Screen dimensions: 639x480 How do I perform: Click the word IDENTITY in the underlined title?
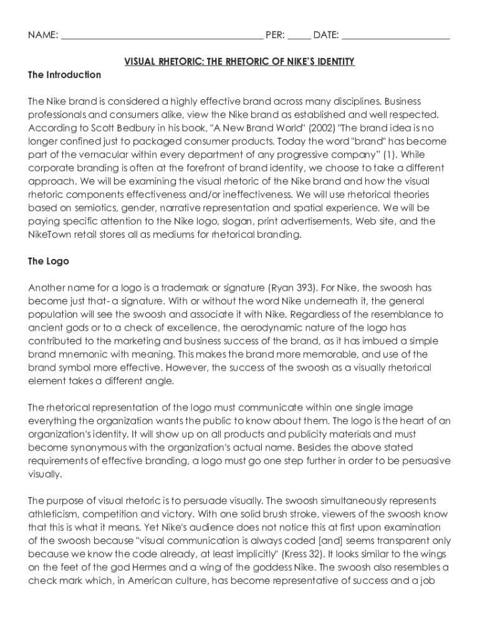pyautogui.click(x=333, y=61)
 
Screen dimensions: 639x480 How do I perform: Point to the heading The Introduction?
pyautogui.click(x=64, y=75)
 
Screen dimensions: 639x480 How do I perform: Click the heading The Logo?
pyautogui.click(x=49, y=261)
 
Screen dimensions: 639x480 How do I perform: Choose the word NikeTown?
pyautogui.click(x=50, y=235)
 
